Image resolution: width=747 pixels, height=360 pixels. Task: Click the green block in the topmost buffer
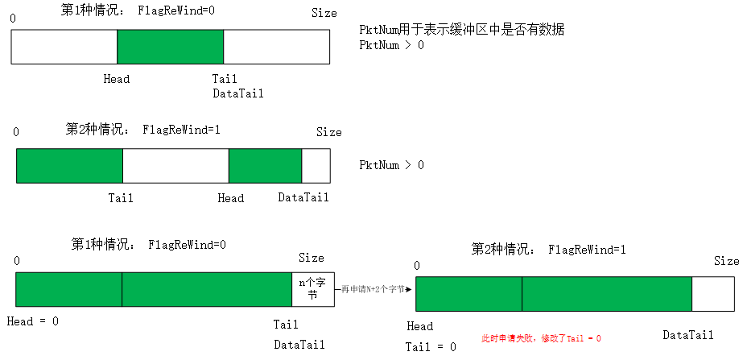coord(170,47)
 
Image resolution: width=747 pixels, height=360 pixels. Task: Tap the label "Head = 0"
coord(33,321)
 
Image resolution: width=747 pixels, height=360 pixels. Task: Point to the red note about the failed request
coord(541,339)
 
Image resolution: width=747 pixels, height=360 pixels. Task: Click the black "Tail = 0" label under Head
coord(431,346)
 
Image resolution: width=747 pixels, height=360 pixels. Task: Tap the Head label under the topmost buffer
coord(117,79)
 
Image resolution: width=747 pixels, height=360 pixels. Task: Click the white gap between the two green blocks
coord(175,165)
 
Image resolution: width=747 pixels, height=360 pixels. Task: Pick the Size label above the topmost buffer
coord(324,14)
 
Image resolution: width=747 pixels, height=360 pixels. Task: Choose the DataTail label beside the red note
coord(688,335)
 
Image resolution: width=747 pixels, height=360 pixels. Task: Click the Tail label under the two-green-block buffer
coord(121,197)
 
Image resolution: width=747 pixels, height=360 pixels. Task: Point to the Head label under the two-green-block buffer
coord(230,197)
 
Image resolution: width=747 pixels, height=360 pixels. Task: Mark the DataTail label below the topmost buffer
coord(238,93)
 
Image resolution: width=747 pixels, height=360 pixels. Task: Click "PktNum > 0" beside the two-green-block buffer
coord(391,165)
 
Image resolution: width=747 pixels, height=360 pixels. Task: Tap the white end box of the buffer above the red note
coord(712,293)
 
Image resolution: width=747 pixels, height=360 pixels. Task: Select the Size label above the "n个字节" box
coord(312,258)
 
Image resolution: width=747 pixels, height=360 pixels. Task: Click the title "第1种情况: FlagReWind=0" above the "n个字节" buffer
coord(149,244)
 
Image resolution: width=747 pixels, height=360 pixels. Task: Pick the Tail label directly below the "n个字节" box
coord(286,325)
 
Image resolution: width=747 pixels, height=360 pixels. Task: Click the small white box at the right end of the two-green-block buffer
coord(316,165)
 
